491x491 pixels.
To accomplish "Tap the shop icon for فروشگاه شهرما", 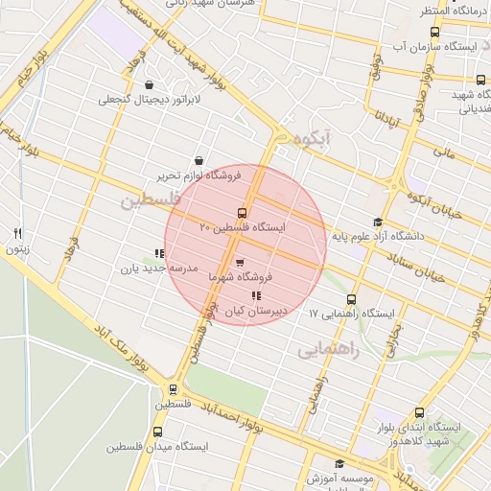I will click(x=239, y=262).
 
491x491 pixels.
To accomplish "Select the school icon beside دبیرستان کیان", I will click(x=255, y=296).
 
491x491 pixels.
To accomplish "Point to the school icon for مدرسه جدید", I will click(x=159, y=254).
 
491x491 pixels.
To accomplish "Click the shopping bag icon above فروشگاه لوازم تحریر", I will click(x=198, y=161).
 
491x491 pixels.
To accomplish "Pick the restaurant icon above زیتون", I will click(x=17, y=233).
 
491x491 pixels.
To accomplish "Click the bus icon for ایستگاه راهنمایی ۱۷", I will click(x=351, y=299).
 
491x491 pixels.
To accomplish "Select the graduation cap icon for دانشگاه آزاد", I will click(x=378, y=222).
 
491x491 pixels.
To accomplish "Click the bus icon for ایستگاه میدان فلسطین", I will click(x=159, y=432).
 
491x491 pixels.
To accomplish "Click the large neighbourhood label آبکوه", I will click(x=313, y=140).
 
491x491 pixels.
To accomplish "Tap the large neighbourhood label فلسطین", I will click(x=151, y=201).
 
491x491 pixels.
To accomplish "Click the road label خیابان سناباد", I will click(x=421, y=265).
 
